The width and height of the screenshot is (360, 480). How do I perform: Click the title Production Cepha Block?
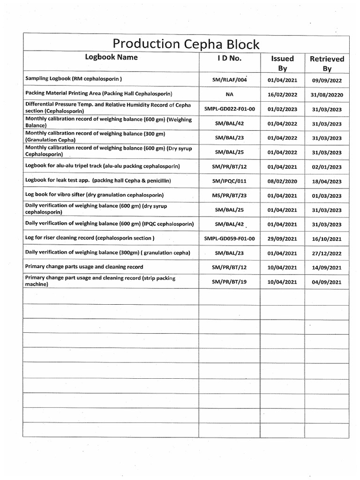click(x=186, y=44)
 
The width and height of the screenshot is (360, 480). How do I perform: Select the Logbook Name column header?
click(x=111, y=57)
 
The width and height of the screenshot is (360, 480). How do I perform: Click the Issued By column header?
click(x=282, y=63)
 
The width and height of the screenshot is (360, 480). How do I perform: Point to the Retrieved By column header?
click(x=327, y=63)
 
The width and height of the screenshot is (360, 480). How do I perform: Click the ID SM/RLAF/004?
click(x=229, y=80)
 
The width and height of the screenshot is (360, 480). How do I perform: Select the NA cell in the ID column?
click(x=229, y=94)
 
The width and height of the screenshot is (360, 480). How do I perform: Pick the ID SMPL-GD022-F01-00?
click(x=229, y=109)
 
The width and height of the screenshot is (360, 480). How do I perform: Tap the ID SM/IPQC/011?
click(x=229, y=181)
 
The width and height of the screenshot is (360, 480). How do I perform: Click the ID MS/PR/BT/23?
click(x=229, y=195)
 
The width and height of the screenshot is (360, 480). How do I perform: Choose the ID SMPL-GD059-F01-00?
click(x=229, y=239)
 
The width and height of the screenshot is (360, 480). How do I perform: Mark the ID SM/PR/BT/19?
click(x=229, y=282)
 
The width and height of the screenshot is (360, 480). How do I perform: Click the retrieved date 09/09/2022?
click(x=327, y=80)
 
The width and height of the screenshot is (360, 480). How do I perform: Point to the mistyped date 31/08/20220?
click(x=327, y=95)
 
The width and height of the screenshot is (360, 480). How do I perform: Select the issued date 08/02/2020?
click(x=282, y=181)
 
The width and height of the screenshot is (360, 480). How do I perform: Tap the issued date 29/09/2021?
click(x=282, y=239)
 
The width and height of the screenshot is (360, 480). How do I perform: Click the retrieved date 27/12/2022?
click(x=327, y=254)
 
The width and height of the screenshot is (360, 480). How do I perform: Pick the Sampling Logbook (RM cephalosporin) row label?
click(x=74, y=79)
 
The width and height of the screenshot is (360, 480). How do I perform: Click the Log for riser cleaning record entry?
click(x=90, y=238)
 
